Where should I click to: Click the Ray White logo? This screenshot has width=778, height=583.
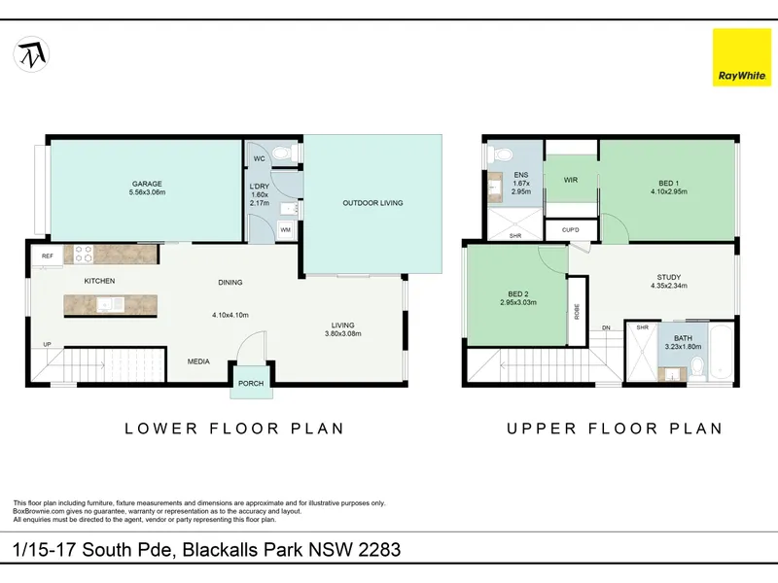742,57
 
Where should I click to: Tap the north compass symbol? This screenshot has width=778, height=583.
31,54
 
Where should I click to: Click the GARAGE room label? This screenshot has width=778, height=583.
147,184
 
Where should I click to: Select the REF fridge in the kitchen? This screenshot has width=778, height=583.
48,256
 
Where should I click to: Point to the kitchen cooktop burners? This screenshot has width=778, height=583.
84,255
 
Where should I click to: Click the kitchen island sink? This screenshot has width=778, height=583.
111,304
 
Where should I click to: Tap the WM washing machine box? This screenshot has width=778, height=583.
285,230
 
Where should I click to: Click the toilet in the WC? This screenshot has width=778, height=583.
284,153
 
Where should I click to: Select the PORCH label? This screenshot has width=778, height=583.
251,383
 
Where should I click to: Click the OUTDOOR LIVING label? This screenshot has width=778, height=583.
372,203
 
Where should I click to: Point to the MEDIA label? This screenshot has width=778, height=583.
198,361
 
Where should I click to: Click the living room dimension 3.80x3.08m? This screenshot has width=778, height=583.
343,333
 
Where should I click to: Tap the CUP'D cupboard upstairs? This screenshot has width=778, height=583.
571,230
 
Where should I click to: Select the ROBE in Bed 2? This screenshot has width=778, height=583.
577,311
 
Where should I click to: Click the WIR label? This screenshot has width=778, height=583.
571,180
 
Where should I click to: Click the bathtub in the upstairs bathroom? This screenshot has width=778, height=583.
721,352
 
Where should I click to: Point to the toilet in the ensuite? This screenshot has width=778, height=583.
501,154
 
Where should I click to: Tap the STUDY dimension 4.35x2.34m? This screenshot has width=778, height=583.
669,286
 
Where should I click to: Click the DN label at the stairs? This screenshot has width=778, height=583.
606,327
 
